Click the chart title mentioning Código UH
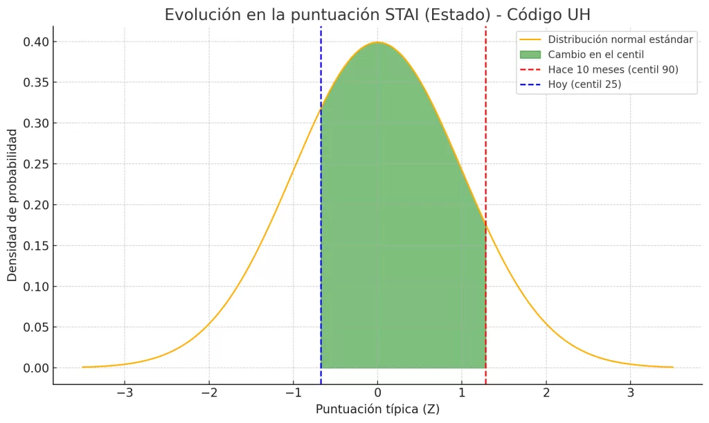[377, 15]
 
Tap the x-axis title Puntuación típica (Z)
[377, 409]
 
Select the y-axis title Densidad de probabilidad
[12, 205]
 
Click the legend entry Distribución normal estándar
[620, 39]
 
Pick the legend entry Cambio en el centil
[595, 54]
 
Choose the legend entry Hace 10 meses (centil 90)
[613, 69]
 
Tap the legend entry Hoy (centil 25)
[584, 84]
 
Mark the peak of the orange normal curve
[377, 42]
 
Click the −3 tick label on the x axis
[124, 393]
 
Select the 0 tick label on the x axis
[377, 393]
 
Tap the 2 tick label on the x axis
[546, 393]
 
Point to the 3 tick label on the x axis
[630, 393]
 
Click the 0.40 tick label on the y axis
[35, 42]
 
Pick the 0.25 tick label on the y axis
[35, 164]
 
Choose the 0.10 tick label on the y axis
[35, 286]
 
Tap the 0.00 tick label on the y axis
[35, 368]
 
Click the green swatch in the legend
[530, 54]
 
